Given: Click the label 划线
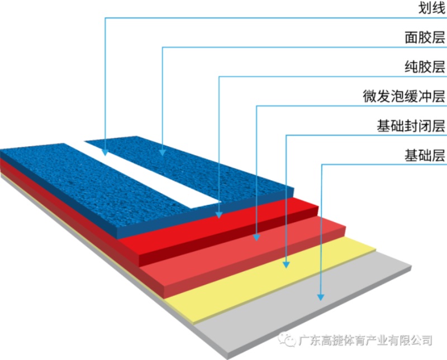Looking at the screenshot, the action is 431,8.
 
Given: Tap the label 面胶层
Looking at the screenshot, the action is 425,37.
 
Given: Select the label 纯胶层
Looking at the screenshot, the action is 425,67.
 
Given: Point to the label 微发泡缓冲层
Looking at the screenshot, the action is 403,96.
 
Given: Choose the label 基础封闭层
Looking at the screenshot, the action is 411,126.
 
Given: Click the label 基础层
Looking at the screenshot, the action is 425,155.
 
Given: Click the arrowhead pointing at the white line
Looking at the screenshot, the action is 105,152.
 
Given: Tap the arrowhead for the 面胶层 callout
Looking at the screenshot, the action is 163,152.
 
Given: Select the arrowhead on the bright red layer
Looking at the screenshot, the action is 218,215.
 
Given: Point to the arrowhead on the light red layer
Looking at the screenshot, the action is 256,237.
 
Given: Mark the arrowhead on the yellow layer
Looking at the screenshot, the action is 286,265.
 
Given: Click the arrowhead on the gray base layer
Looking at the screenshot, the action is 321,297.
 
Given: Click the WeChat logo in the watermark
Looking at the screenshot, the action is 287,339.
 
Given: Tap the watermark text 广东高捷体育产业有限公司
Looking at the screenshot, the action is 365,340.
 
